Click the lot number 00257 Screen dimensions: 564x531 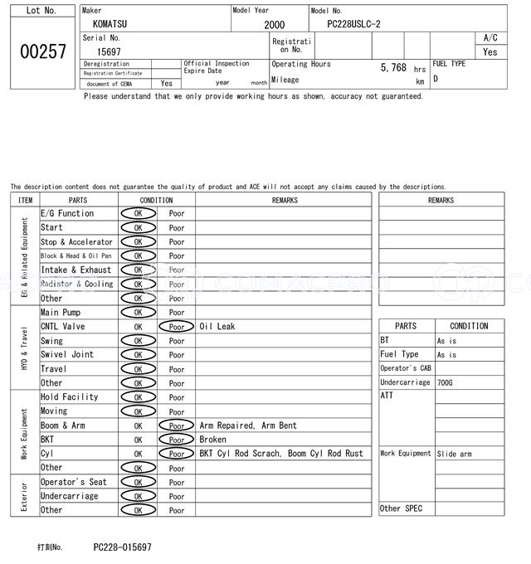pos(42,51)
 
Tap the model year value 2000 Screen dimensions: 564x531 pos(274,25)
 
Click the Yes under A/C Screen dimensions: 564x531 pos(490,52)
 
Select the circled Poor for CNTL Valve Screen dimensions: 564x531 pos(176,327)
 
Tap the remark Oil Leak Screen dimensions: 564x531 pos(217,327)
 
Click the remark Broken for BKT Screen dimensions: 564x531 pos(212,440)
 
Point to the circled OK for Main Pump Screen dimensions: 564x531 pos(138,313)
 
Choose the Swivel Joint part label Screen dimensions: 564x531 pos(67,355)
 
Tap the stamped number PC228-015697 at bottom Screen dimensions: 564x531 pos(122,547)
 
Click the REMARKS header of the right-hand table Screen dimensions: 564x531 pos(441,200)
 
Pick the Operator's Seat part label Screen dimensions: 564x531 pos(74,482)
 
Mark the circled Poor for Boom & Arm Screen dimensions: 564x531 pos(176,425)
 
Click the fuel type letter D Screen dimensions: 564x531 pos(436,79)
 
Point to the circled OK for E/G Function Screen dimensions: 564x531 pos(138,214)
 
